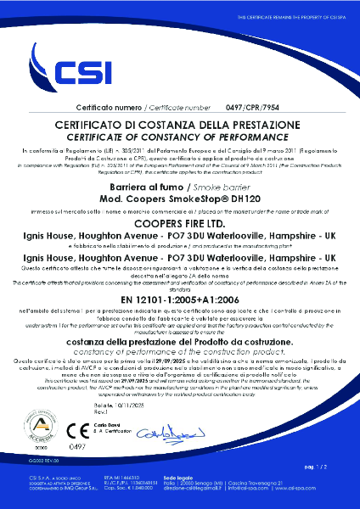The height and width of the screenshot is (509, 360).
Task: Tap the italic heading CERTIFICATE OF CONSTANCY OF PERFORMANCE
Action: pos(179,137)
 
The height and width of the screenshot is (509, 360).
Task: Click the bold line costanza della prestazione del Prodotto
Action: pos(180,340)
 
